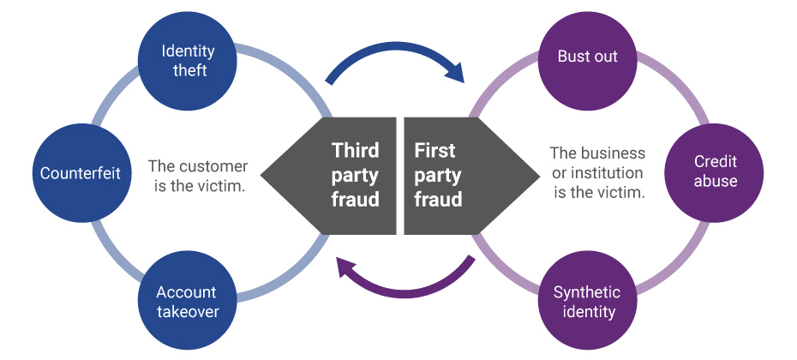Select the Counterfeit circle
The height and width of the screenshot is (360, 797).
click(x=81, y=173)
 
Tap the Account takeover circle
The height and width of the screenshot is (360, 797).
click(x=187, y=300)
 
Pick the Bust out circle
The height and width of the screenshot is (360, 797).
click(x=587, y=58)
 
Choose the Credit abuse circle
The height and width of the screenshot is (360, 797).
click(x=715, y=171)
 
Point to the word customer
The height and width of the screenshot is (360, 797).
click(x=216, y=166)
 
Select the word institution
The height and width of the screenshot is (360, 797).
click(x=603, y=173)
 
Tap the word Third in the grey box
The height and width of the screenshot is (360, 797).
click(x=355, y=152)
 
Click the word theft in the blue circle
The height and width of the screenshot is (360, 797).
click(x=189, y=70)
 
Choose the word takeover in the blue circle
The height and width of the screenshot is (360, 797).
click(x=187, y=310)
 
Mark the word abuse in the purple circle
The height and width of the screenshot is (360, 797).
click(x=715, y=181)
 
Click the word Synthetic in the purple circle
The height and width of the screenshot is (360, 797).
click(x=587, y=291)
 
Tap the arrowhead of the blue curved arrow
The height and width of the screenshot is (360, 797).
click(x=452, y=72)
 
